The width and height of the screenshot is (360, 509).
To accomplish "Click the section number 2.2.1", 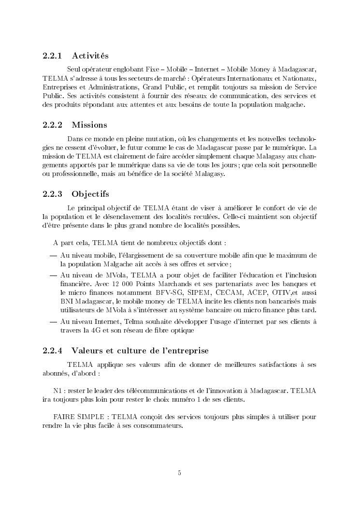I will (x=53, y=56).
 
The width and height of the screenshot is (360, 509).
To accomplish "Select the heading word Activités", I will (x=90, y=56).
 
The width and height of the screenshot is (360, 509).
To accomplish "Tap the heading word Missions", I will (x=89, y=125).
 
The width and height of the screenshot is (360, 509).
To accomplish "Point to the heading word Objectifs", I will (x=90, y=194).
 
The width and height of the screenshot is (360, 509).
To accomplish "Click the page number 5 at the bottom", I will (x=179, y=473).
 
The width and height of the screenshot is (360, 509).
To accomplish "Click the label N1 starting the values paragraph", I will (x=58, y=390).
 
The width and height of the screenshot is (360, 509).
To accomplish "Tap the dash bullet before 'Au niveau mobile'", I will (x=53, y=255).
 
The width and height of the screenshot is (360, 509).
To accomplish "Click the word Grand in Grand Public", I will (x=153, y=87).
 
